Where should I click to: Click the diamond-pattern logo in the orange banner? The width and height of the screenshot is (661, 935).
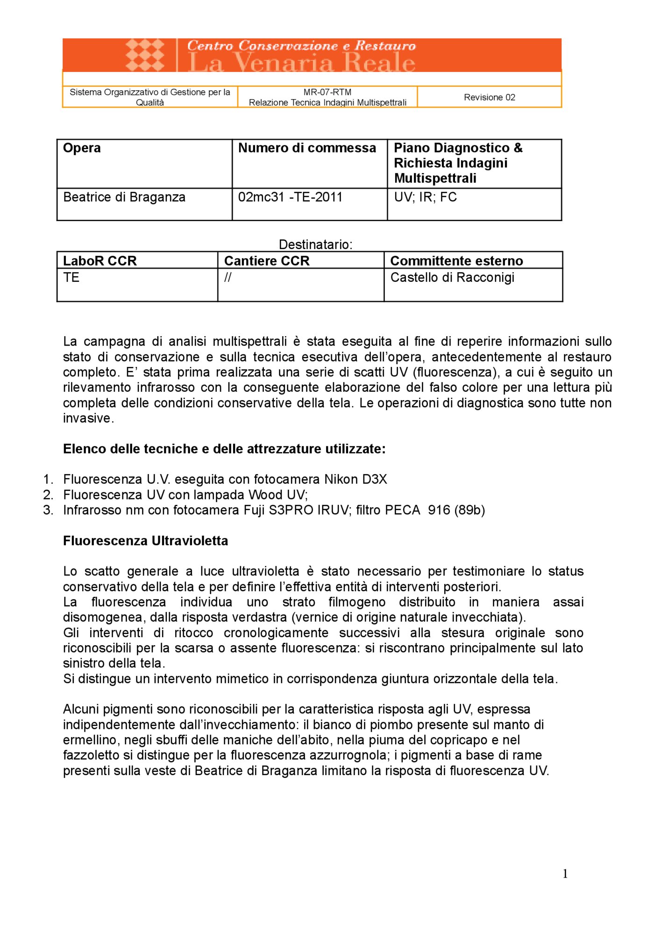[145, 55]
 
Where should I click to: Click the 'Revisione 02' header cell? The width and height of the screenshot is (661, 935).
[489, 97]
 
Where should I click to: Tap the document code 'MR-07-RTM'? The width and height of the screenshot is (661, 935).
[327, 92]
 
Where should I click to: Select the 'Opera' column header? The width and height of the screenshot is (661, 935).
[82, 148]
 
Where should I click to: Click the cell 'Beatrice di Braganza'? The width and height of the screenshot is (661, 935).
[124, 197]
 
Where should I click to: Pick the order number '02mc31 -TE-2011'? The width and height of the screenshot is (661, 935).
[290, 197]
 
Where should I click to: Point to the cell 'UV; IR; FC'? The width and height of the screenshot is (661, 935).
[425, 197]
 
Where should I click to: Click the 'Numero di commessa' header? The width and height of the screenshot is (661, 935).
[307, 148]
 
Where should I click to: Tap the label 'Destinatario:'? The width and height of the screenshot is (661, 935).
[315, 245]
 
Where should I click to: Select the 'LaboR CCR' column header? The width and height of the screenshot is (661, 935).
[100, 261]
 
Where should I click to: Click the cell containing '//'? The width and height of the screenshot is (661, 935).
[227, 278]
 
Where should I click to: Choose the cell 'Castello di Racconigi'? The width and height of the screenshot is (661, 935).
[452, 278]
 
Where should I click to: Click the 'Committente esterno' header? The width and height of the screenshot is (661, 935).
[456, 261]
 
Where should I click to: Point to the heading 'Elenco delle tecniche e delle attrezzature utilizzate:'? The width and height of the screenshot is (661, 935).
[224, 449]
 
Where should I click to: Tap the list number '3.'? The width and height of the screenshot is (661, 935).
[49, 510]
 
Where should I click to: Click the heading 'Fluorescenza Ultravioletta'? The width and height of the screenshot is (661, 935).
[145, 541]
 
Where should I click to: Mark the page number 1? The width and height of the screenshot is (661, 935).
[565, 874]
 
